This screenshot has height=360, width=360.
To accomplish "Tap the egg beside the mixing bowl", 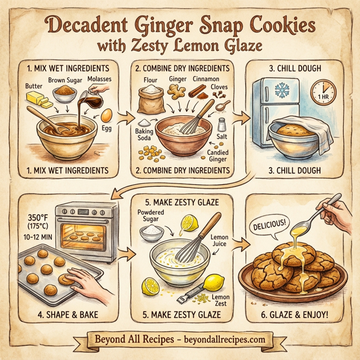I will pyautogui.click(x=106, y=115).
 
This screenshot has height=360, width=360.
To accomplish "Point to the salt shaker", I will pyautogui.click(x=223, y=125).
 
